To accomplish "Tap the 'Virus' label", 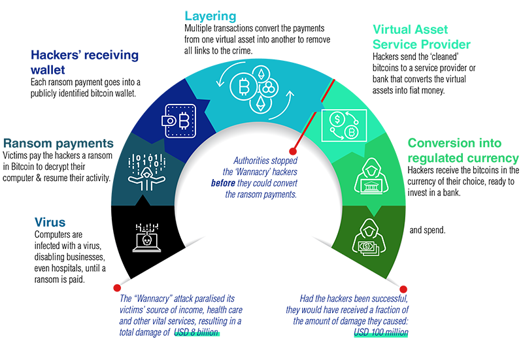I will [50, 222].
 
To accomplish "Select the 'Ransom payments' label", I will [58, 143].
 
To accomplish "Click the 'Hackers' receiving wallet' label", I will [84, 62].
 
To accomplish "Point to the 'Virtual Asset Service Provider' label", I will [421, 37].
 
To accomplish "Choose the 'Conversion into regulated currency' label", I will [463, 150].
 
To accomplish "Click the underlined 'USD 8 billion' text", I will [197, 333].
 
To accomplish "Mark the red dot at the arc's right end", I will [404, 288].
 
